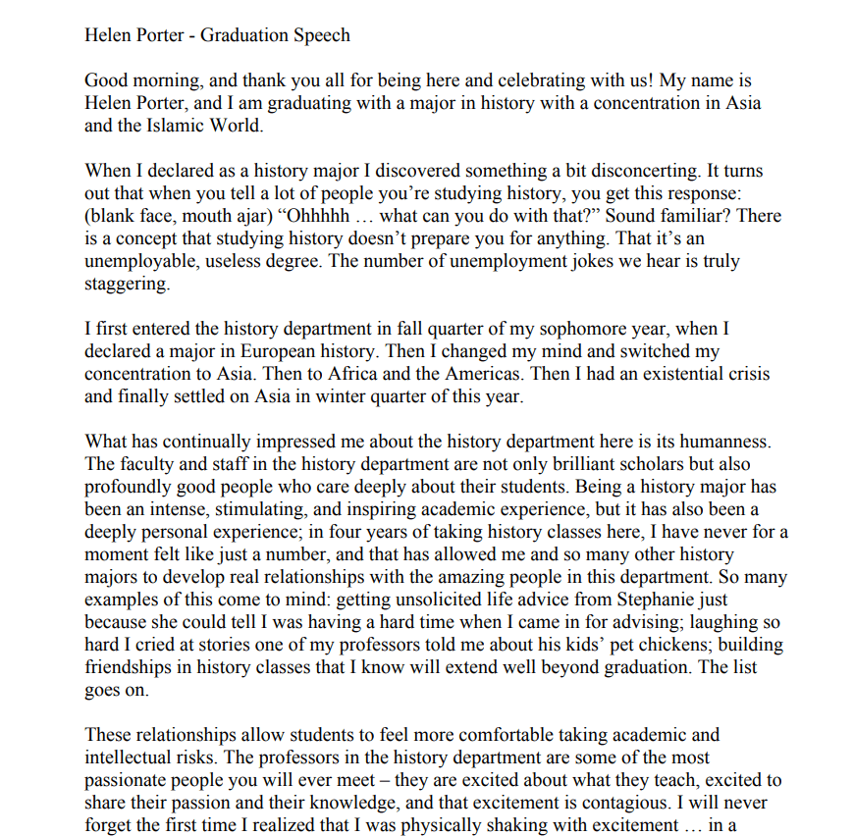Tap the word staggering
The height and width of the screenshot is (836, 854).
tap(128, 284)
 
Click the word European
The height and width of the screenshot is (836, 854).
tap(303, 351)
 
